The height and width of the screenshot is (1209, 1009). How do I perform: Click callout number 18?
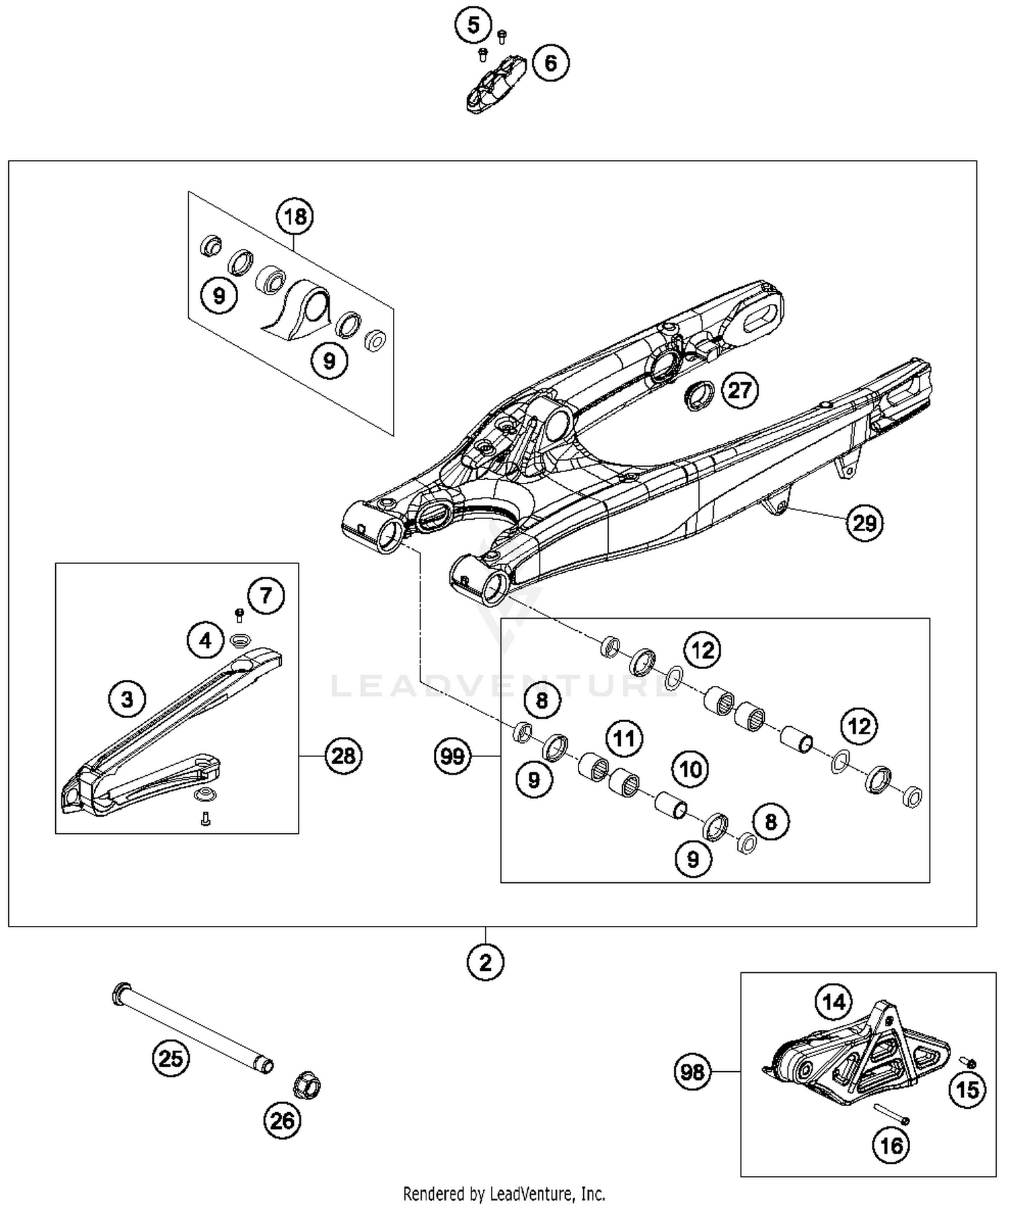295,217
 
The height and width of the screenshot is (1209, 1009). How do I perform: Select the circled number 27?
739,390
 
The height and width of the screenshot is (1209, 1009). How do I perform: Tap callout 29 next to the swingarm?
864,522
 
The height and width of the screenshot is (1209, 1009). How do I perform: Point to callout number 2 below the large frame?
485,962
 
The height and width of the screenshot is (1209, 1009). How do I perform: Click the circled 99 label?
452,756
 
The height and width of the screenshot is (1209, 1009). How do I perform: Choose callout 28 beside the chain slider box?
343,756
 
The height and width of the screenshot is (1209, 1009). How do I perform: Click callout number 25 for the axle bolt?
170,1058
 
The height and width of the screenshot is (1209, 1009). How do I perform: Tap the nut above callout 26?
307,1085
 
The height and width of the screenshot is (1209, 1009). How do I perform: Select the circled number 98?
692,1072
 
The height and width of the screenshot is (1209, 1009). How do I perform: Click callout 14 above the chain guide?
833,1003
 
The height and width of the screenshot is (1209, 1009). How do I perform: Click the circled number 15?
967,1089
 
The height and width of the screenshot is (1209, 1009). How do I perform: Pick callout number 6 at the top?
550,63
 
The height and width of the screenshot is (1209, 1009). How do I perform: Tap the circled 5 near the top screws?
473,26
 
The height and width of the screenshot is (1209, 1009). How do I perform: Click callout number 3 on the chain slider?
127,699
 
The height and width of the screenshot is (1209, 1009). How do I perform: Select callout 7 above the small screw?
266,595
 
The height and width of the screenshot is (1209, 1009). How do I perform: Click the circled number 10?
691,769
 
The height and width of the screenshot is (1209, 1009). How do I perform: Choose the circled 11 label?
624,738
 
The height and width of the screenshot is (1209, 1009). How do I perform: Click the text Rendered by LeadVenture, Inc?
504,1194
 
